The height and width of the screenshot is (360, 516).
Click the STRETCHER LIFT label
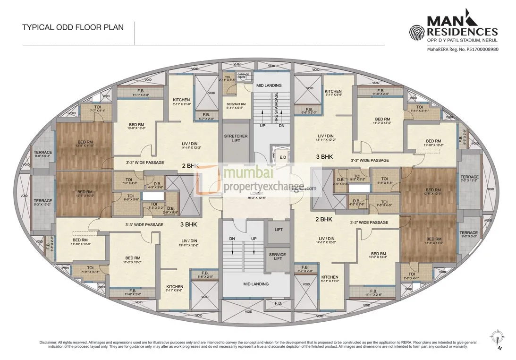tap(235, 139)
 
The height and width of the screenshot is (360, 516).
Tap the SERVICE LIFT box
tap(278, 257)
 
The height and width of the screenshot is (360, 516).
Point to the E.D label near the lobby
tap(282, 157)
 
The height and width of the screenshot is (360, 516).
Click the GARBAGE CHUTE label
tap(243, 76)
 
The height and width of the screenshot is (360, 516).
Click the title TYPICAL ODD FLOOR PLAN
tap(73, 27)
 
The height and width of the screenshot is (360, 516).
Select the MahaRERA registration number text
tap(463, 49)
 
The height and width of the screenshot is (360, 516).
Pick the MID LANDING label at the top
tap(269, 86)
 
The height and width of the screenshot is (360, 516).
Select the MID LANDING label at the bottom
tap(256, 284)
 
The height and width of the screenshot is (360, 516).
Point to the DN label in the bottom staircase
tap(232, 239)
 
